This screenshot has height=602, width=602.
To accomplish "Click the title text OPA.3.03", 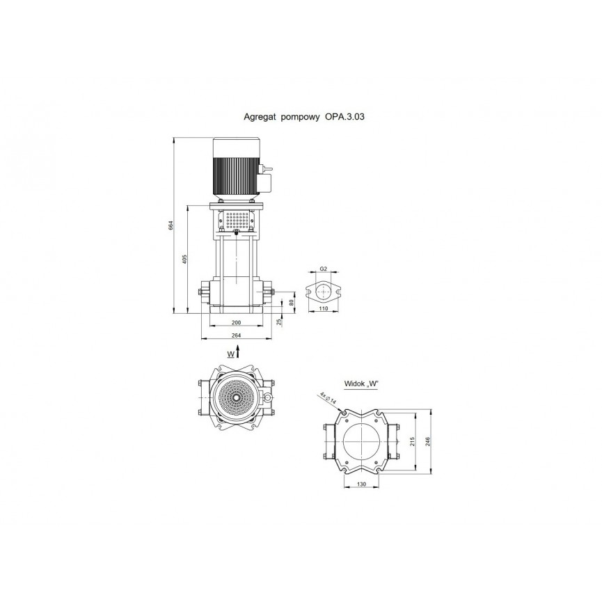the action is (x=344, y=116).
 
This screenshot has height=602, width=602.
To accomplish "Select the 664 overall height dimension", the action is (x=171, y=225).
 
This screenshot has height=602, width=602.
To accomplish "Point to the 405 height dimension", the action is (x=184, y=259).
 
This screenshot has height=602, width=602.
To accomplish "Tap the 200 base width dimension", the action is (x=237, y=323).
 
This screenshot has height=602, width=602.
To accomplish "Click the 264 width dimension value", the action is (x=237, y=335).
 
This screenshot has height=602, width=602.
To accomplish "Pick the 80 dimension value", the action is (x=291, y=303).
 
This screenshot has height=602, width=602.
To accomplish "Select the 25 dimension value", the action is (x=280, y=322).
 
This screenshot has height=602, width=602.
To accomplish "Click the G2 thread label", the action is (x=323, y=269).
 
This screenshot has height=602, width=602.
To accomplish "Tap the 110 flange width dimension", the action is (x=324, y=309).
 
